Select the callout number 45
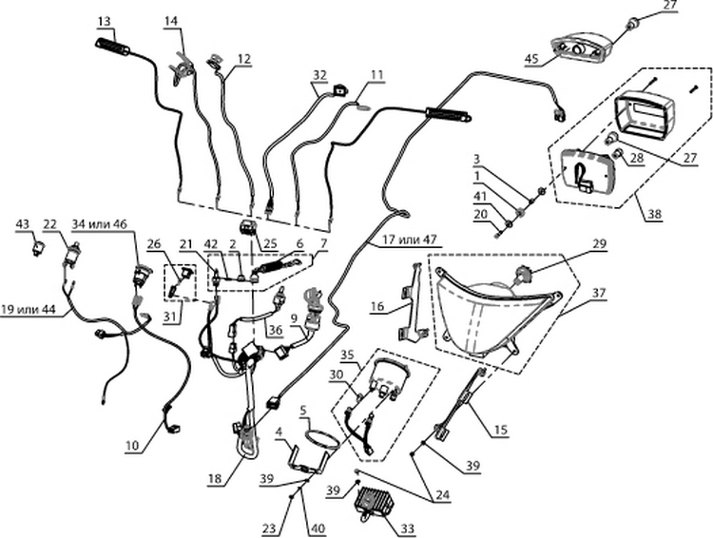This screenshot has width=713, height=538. pos(531,59)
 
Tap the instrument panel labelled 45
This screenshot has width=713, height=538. pos(579,48)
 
